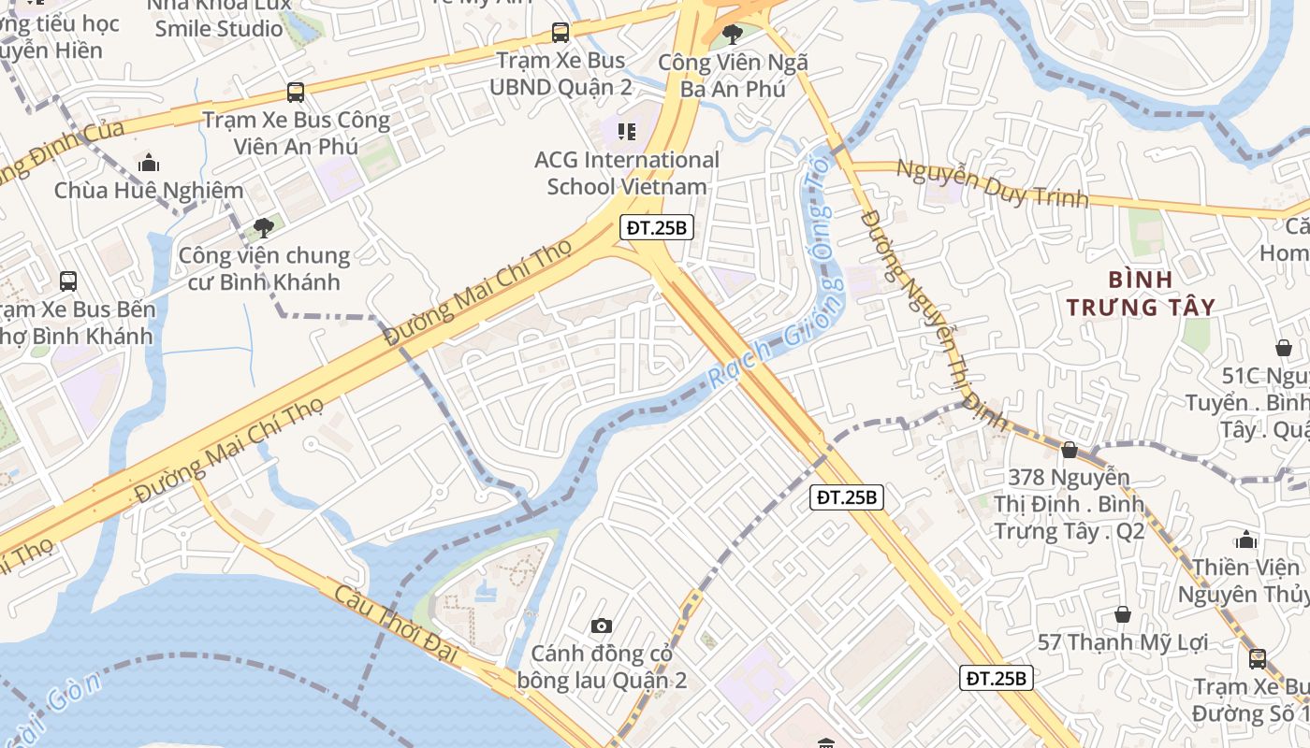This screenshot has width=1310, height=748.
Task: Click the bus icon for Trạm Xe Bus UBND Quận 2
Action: [x=560, y=33]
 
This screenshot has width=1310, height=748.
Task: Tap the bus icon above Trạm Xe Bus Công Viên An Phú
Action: [x=296, y=93]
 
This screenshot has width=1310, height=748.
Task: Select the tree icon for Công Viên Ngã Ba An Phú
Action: [x=733, y=35]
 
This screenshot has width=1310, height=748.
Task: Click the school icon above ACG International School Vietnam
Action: [x=626, y=132]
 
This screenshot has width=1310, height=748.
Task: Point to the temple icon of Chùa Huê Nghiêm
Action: [x=149, y=164]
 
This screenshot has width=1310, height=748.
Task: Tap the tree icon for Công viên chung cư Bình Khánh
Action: [x=264, y=227]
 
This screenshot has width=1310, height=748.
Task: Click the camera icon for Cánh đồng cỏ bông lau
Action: [x=602, y=626]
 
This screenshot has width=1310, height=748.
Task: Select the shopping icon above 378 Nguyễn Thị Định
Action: [x=1069, y=451]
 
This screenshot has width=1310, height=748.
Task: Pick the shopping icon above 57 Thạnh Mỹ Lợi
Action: [x=1123, y=614]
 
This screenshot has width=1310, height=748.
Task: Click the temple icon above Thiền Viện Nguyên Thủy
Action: [x=1245, y=539]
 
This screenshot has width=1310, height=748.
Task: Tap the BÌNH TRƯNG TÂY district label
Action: [x=1141, y=293]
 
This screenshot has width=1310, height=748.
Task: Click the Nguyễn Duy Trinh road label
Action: [x=992, y=183]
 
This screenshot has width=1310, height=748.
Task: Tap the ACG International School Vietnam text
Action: [x=626, y=173]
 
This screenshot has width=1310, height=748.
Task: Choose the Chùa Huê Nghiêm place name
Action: [x=149, y=191]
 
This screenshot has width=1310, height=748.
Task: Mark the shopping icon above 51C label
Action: [x=1283, y=348]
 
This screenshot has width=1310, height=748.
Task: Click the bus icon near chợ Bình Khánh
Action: [x=68, y=280]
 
